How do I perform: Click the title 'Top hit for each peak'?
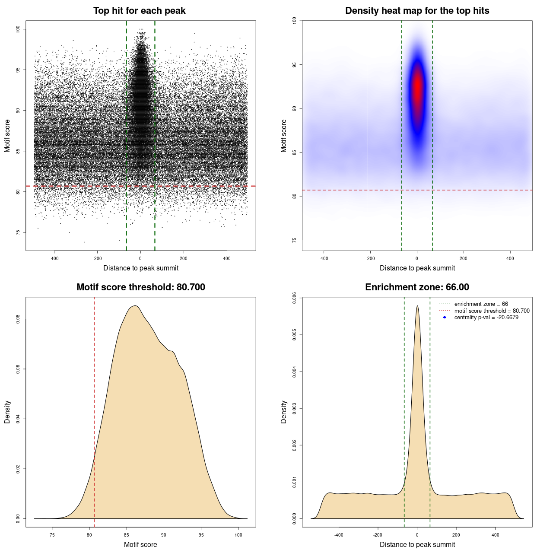[x=139, y=11]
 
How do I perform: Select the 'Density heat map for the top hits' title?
[x=417, y=11]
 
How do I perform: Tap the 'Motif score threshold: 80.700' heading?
[x=140, y=287]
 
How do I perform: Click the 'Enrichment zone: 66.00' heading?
[x=417, y=287]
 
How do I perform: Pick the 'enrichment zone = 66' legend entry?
[x=481, y=304]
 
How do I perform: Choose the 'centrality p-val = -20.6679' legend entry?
[x=486, y=318]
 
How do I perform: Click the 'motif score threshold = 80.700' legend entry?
[x=492, y=311]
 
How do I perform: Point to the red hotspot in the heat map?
[x=417, y=86]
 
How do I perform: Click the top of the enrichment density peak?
[x=417, y=306]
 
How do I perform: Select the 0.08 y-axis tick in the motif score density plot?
[x=18, y=319]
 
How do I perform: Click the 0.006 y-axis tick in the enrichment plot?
[x=295, y=298]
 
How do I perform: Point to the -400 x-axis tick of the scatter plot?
[x=54, y=258]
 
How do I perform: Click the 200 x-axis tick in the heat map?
[x=464, y=258]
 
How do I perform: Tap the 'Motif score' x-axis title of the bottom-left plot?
[x=140, y=544]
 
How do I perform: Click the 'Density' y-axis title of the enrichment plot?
[x=284, y=412]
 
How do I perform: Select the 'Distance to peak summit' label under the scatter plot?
[x=141, y=268]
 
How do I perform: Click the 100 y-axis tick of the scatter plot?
[x=18, y=29]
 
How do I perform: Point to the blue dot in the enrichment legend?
[x=445, y=318]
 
